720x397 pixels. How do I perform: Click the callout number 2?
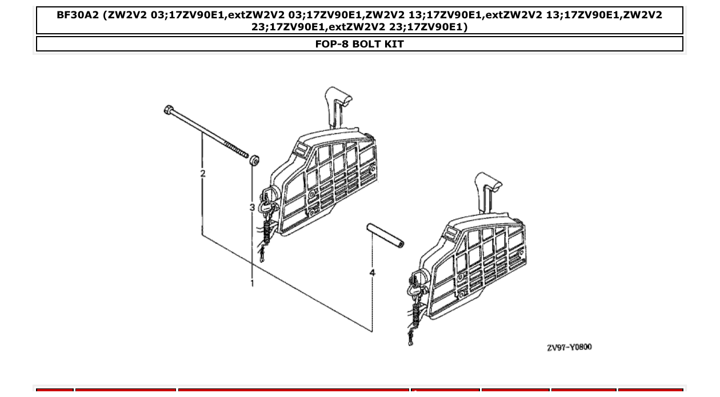click(x=202, y=173)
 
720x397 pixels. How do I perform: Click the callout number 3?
click(x=251, y=207)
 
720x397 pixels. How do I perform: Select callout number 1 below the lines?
click(x=252, y=283)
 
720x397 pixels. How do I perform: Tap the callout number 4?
click(x=372, y=273)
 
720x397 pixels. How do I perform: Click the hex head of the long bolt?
click(x=169, y=109)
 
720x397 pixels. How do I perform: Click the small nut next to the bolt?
click(x=254, y=160)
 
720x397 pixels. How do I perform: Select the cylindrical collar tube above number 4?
click(x=385, y=235)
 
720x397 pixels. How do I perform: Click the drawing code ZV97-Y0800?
click(x=569, y=347)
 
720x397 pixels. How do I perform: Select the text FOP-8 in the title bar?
click(x=331, y=44)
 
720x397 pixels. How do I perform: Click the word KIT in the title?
click(x=394, y=44)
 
